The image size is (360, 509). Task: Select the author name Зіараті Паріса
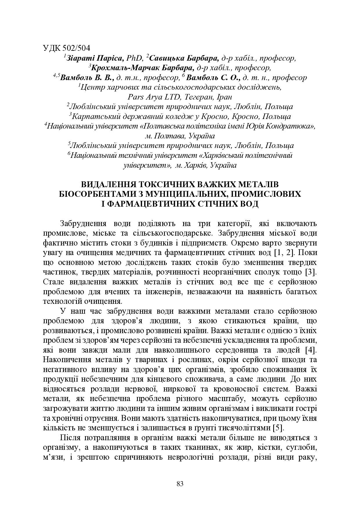point(95,58)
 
